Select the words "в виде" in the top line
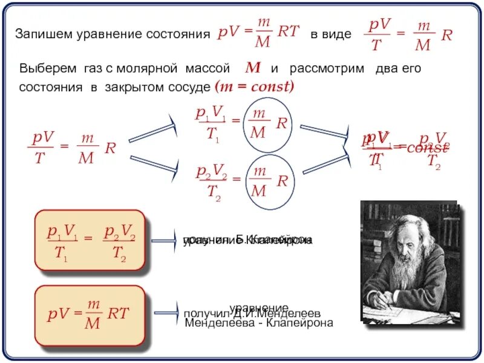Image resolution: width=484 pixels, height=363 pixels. pyautogui.click(x=330, y=34)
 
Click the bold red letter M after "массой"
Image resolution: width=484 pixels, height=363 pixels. pyautogui.click(x=252, y=68)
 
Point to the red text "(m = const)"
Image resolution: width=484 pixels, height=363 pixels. pyautogui.click(x=254, y=86)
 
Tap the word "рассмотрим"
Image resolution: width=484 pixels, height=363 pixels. pyautogui.click(x=327, y=68)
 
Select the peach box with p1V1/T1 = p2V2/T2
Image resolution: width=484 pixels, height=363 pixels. pyautogui.click(x=90, y=240)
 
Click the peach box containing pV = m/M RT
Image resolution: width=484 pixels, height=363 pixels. pyautogui.click(x=90, y=314)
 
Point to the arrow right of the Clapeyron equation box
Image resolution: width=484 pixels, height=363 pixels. pyautogui.click(x=164, y=240)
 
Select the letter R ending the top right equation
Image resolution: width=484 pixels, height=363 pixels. pyautogui.click(x=446, y=35)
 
